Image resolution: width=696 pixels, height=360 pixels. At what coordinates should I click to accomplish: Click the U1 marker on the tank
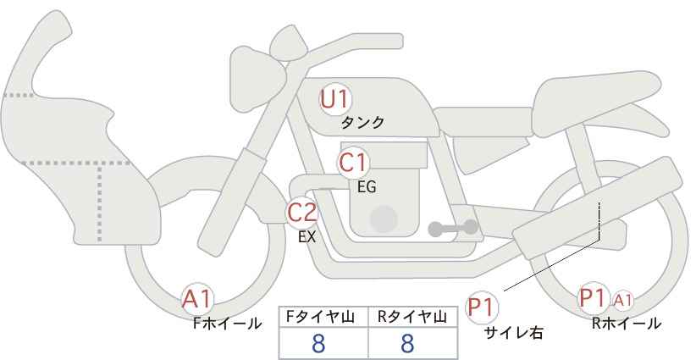pyautogui.click(x=335, y=99)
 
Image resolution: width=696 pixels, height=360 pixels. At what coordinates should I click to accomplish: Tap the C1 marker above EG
pyautogui.click(x=353, y=163)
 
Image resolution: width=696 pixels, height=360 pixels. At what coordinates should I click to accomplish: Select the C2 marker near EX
pyautogui.click(x=301, y=212)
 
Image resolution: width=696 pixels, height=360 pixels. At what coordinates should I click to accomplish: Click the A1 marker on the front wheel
pyautogui.click(x=197, y=299)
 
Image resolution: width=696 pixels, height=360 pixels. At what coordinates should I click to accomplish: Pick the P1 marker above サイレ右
pyautogui.click(x=482, y=307)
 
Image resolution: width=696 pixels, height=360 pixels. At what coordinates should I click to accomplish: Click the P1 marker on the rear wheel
pyautogui.click(x=594, y=298)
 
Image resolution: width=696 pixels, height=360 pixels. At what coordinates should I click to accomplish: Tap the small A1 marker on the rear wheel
pyautogui.click(x=622, y=301)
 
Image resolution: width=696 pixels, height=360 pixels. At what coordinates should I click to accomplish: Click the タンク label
pyautogui.click(x=362, y=123)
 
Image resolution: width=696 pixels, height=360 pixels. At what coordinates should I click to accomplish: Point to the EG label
pyautogui.click(x=367, y=187)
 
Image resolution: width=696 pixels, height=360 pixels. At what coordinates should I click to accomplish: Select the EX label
pyautogui.click(x=307, y=237)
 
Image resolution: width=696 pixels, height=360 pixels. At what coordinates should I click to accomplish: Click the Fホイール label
pyautogui.click(x=227, y=324)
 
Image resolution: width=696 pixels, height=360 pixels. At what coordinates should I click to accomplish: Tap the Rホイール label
pyautogui.click(x=627, y=324)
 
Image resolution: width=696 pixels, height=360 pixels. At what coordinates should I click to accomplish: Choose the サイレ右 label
pyautogui.click(x=513, y=333)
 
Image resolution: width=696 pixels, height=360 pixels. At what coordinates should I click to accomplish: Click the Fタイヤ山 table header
pyautogui.click(x=320, y=317)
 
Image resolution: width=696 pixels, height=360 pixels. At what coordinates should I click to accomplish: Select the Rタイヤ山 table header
pyautogui.click(x=412, y=317)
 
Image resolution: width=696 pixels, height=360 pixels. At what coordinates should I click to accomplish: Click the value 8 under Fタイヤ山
pyautogui.click(x=318, y=344)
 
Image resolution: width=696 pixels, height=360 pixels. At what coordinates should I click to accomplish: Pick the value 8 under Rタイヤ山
pyautogui.click(x=407, y=344)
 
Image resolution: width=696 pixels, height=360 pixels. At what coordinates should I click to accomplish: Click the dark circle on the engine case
pyautogui.click(x=384, y=219)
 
